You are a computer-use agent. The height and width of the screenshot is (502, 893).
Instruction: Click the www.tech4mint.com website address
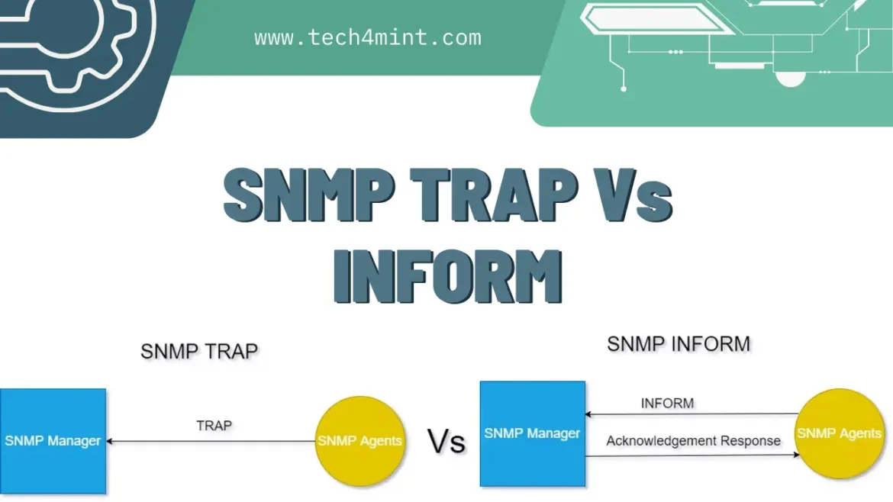coord(368,37)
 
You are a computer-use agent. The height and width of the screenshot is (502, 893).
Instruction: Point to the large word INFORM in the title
coord(447,276)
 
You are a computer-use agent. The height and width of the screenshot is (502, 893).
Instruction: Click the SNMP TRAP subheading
coord(199,351)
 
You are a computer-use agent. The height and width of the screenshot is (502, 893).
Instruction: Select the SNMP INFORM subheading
coord(679,344)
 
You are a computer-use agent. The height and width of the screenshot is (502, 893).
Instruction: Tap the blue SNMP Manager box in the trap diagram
coord(53,441)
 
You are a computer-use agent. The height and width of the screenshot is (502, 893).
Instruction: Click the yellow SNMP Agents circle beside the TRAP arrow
coord(360,441)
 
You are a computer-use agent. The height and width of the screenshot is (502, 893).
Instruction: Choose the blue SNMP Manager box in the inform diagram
coord(533,433)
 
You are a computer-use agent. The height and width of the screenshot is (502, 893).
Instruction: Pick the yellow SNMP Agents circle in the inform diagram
coord(840,433)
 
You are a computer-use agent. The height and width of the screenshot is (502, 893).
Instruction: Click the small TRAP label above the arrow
coord(214,426)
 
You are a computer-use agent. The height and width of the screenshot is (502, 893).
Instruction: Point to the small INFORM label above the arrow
coord(668,404)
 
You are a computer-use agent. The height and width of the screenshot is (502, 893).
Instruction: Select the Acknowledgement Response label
coord(693,441)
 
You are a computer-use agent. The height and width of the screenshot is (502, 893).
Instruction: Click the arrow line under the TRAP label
coord(211,441)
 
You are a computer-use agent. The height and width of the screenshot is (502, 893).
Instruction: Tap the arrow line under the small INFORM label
coord(691,414)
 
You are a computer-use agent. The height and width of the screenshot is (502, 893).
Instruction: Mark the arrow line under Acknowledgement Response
coord(692,455)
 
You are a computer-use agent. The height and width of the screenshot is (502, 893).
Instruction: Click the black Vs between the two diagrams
coord(446,442)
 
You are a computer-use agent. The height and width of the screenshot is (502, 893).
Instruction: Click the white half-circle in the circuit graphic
coord(791,79)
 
